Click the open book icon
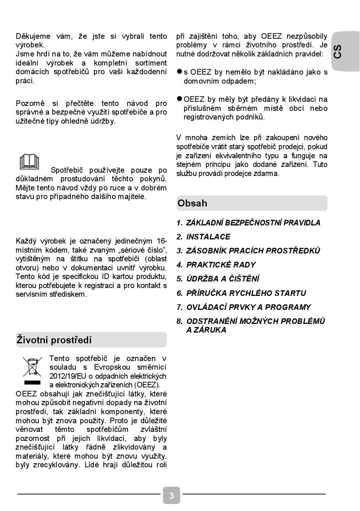pyautogui.click(x=29, y=162)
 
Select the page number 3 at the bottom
pyautogui.click(x=171, y=495)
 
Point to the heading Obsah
pyautogui.click(x=192, y=203)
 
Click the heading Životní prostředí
pyautogui.click(x=54, y=340)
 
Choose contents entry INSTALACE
pyautogui.click(x=208, y=237)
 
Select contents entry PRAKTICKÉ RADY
pyautogui.click(x=221, y=265)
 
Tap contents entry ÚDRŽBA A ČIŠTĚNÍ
pyautogui.click(x=222, y=279)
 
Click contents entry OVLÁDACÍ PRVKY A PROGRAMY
pyautogui.click(x=248, y=307)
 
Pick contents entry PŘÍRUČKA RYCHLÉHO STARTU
pyautogui.click(x=246, y=293)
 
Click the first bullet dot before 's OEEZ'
pyautogui.click(x=179, y=72)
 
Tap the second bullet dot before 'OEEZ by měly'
pyautogui.click(x=179, y=99)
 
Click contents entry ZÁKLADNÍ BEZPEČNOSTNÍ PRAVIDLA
pyautogui.click(x=253, y=223)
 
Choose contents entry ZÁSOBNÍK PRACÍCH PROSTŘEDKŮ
pyautogui.click(x=253, y=251)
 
